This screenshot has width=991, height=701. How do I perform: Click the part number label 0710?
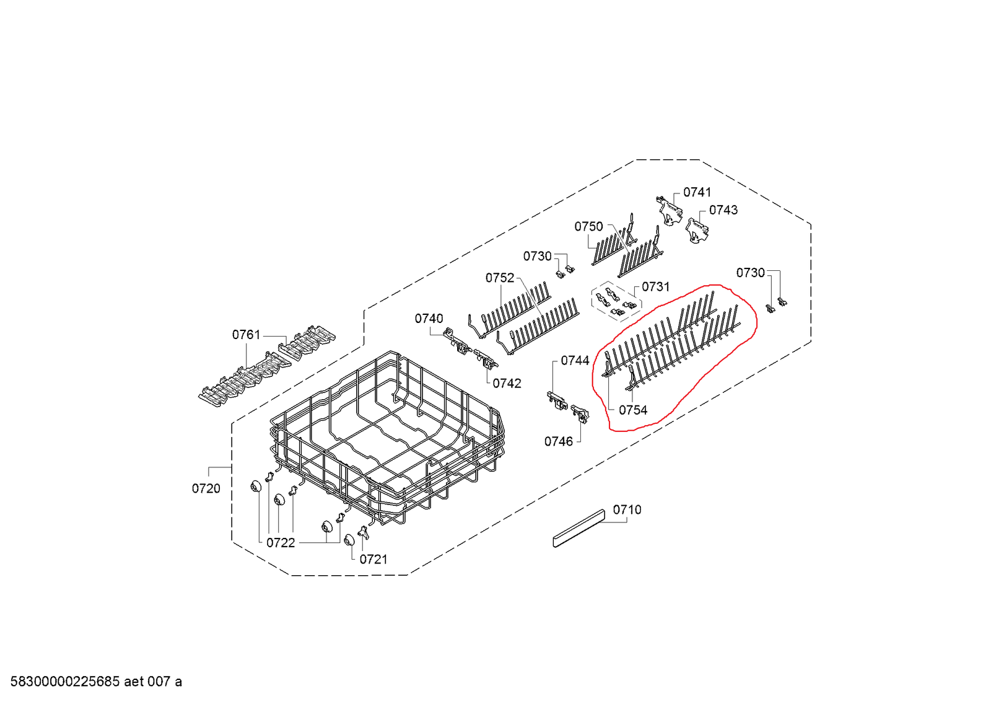pos(627,509)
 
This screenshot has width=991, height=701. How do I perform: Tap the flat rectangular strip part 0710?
pos(578,529)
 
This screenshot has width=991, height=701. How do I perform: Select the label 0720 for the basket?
pos(206,488)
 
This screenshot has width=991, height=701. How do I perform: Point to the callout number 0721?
pos(373,559)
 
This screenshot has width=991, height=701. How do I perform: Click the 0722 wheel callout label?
pos(281,542)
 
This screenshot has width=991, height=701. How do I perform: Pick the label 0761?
pos(246,335)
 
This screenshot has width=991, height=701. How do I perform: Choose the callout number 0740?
pos(429,319)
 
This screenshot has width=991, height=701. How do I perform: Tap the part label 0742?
pos(507,384)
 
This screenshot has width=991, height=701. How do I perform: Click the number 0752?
pos(500,278)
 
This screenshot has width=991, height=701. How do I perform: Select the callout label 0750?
pos(588,226)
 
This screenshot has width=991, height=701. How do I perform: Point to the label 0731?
pos(655,286)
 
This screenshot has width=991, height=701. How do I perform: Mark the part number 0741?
pos(697,192)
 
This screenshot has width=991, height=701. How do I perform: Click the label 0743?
pos(723,210)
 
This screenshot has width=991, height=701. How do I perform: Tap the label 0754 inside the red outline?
pos(632,410)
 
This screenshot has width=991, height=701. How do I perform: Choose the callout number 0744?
pos(575,360)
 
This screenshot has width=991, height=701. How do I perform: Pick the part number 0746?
pos(558,441)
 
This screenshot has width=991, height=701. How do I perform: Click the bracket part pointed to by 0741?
pos(669,211)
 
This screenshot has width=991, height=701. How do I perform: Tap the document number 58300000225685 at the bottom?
pos(65,682)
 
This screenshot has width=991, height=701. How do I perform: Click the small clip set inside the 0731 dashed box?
pos(616,301)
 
